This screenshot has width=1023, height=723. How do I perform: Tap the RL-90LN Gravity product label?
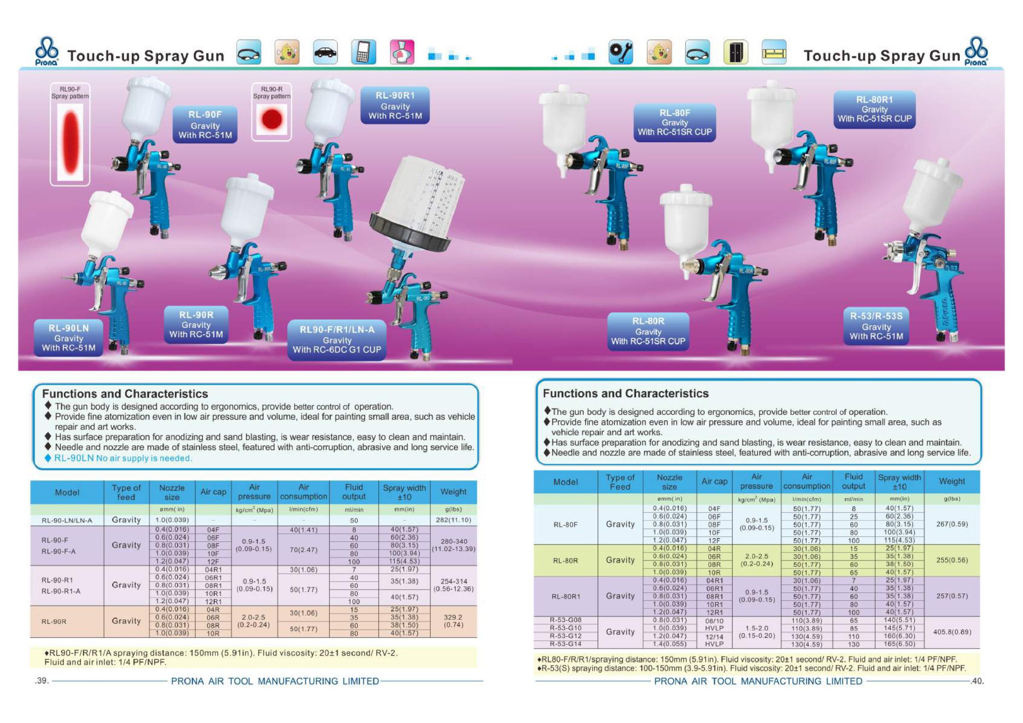click(x=69, y=337)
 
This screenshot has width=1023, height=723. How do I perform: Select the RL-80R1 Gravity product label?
click(x=874, y=109)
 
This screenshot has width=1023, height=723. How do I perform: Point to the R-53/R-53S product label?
click(x=876, y=326)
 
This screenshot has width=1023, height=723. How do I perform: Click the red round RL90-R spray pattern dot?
click(x=272, y=119)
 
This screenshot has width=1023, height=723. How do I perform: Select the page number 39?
click(x=42, y=681)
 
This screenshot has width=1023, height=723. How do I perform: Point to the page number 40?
click(x=977, y=681)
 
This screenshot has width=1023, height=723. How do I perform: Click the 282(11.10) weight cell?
click(x=453, y=520)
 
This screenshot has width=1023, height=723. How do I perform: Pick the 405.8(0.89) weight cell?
click(x=952, y=631)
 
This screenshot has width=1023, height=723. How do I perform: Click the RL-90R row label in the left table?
click(x=54, y=621)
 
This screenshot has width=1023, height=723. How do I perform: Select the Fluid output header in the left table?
click(x=354, y=492)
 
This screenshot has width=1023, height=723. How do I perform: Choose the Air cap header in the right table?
click(x=714, y=482)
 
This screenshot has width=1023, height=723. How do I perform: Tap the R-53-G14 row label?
click(x=565, y=643)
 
